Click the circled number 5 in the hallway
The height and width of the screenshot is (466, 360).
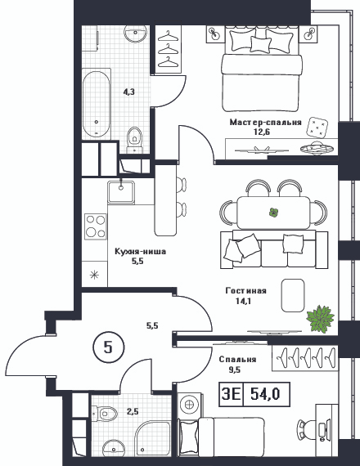[108, 347]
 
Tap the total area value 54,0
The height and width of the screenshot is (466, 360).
[265, 394]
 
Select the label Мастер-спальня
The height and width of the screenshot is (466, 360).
[265, 122]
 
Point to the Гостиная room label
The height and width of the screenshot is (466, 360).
[245, 290]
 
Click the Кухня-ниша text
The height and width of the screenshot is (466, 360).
[141, 252]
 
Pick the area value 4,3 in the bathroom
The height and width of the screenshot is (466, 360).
[129, 92]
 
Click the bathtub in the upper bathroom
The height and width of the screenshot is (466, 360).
[97, 104]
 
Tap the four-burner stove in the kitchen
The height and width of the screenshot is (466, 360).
[96, 226]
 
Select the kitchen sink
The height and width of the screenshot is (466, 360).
[121, 192]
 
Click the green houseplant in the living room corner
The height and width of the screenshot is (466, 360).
[320, 318]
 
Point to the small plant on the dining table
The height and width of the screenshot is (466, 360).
[273, 213]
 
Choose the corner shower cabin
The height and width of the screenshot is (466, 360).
[153, 437]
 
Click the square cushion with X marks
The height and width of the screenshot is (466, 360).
[317, 128]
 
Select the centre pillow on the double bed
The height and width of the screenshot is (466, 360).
[261, 44]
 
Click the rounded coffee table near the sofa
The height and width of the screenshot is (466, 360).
[293, 295]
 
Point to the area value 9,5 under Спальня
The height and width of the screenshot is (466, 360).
[235, 370]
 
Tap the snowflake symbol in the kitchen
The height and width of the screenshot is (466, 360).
[94, 275]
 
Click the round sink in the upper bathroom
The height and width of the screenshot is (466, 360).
[136, 34]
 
